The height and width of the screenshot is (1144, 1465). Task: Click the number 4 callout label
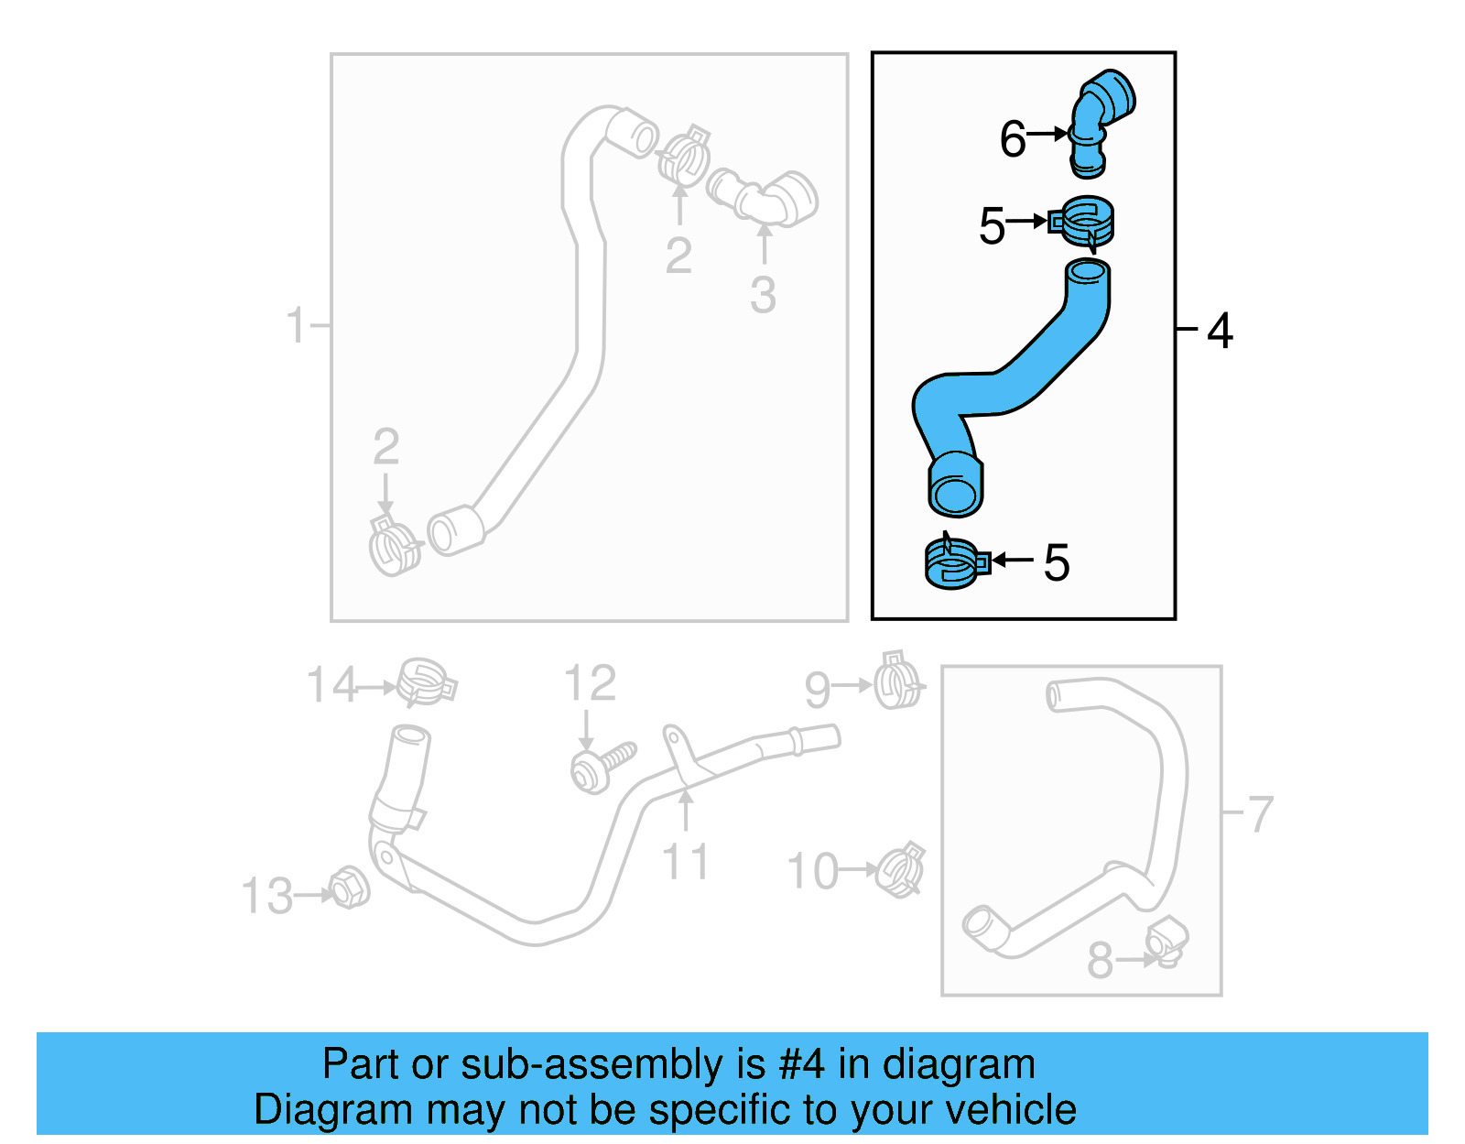1220,331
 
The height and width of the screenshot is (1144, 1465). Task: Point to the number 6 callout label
1012,139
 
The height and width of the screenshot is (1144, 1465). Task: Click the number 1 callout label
295,325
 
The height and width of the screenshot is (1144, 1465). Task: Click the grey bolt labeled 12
600,766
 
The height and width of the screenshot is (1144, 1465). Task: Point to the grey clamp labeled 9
897,682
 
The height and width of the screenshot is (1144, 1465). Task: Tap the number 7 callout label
1261,813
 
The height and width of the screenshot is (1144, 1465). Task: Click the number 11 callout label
684,862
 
